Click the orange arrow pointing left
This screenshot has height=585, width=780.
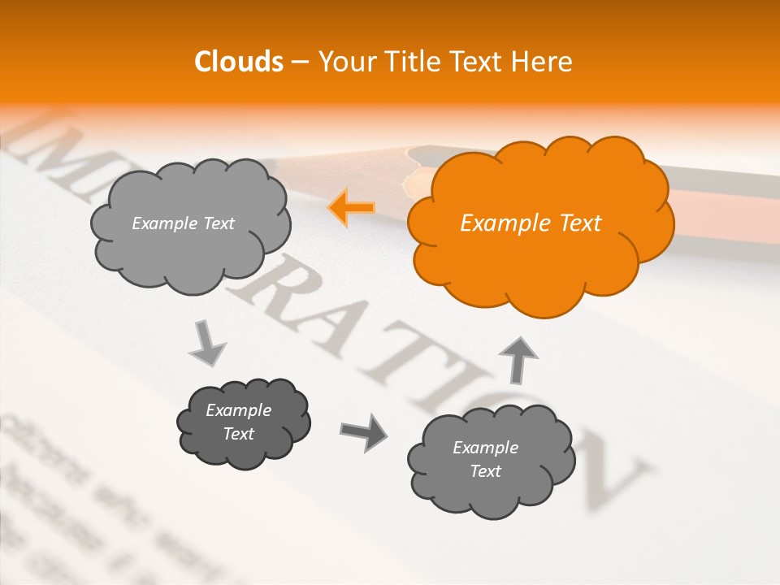point(351,208)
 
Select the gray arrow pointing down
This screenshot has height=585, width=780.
point(207,344)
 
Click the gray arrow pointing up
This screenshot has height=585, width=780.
point(517,358)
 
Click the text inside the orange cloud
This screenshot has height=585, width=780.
point(531,223)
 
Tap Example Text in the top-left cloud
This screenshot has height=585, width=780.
point(183,223)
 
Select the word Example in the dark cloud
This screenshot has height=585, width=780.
point(238,410)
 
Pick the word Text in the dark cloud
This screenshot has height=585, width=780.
point(238,434)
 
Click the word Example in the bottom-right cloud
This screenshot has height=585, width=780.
point(485,448)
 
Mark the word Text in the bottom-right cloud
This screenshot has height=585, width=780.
point(485,471)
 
